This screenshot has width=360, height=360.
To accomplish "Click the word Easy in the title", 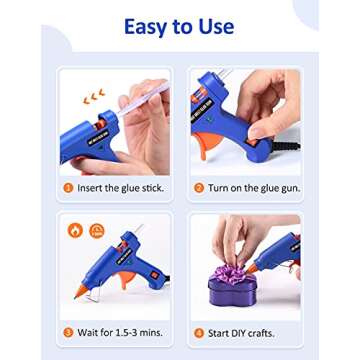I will tap(146, 27).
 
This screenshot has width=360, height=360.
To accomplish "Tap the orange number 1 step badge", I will tap(68, 187).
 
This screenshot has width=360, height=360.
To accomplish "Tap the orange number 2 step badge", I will tap(198, 187).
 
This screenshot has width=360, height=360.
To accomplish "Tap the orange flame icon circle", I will tap(75, 230).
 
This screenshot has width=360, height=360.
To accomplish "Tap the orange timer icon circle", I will tap(95, 230).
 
